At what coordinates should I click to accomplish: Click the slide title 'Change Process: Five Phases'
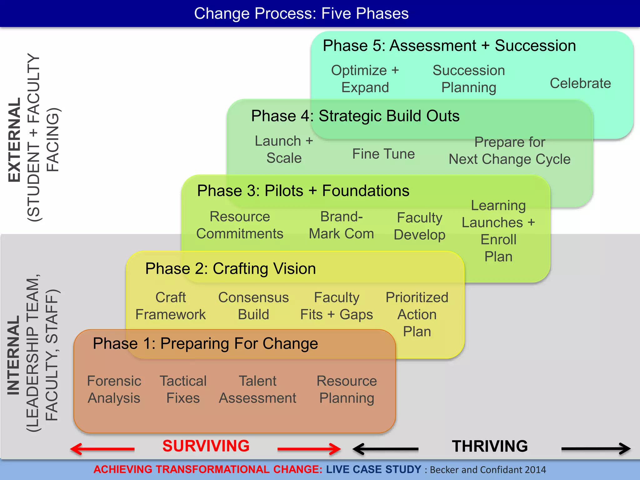(301, 13)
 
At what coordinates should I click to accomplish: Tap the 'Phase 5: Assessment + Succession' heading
(449, 46)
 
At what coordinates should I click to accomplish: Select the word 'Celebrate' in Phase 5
(580, 83)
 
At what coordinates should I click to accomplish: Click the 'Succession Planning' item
(468, 79)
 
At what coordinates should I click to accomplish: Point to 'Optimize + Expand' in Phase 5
(365, 79)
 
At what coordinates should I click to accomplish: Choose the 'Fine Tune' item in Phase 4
(383, 154)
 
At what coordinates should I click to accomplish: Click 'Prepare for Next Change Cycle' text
(509, 151)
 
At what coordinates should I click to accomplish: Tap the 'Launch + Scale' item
(284, 149)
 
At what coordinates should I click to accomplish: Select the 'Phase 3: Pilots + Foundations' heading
(303, 191)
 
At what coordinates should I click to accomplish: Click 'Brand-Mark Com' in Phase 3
(341, 225)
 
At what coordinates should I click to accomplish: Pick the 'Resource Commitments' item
(240, 225)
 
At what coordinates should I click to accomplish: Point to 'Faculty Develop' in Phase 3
(419, 226)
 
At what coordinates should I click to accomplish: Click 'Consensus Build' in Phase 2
(253, 306)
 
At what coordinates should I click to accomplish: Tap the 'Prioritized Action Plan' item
(417, 314)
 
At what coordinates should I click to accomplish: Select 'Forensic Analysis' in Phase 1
(114, 389)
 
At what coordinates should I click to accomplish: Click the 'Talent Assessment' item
(257, 389)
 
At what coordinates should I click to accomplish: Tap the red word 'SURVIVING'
(206, 446)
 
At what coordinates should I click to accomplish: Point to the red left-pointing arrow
(102, 449)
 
